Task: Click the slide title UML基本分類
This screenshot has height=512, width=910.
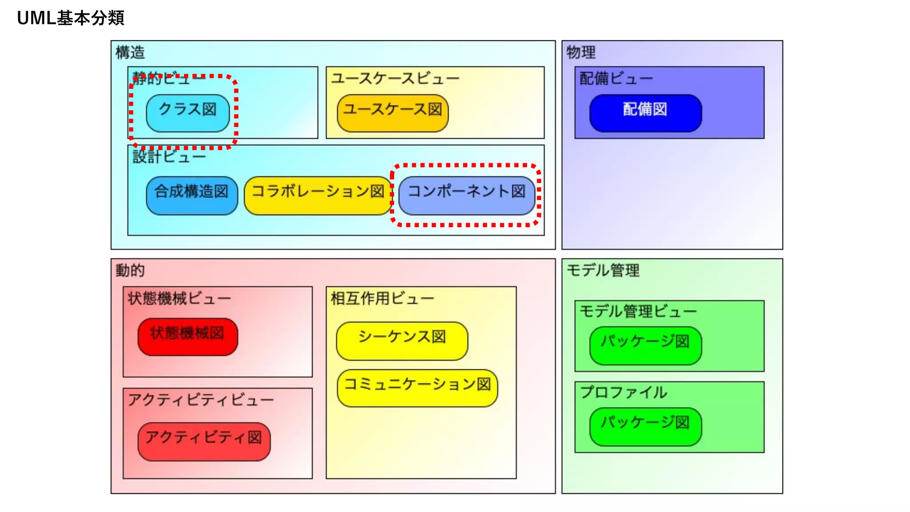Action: tap(71, 18)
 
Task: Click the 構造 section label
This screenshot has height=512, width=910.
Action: tap(130, 52)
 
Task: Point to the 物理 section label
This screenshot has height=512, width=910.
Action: tap(581, 52)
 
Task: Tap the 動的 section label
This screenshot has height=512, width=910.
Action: tap(130, 270)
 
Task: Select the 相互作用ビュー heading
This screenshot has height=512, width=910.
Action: tap(382, 298)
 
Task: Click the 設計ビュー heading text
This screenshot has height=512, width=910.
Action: tap(169, 156)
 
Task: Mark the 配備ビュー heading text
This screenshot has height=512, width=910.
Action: tap(616, 78)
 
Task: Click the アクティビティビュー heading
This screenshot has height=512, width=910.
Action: tap(201, 400)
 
